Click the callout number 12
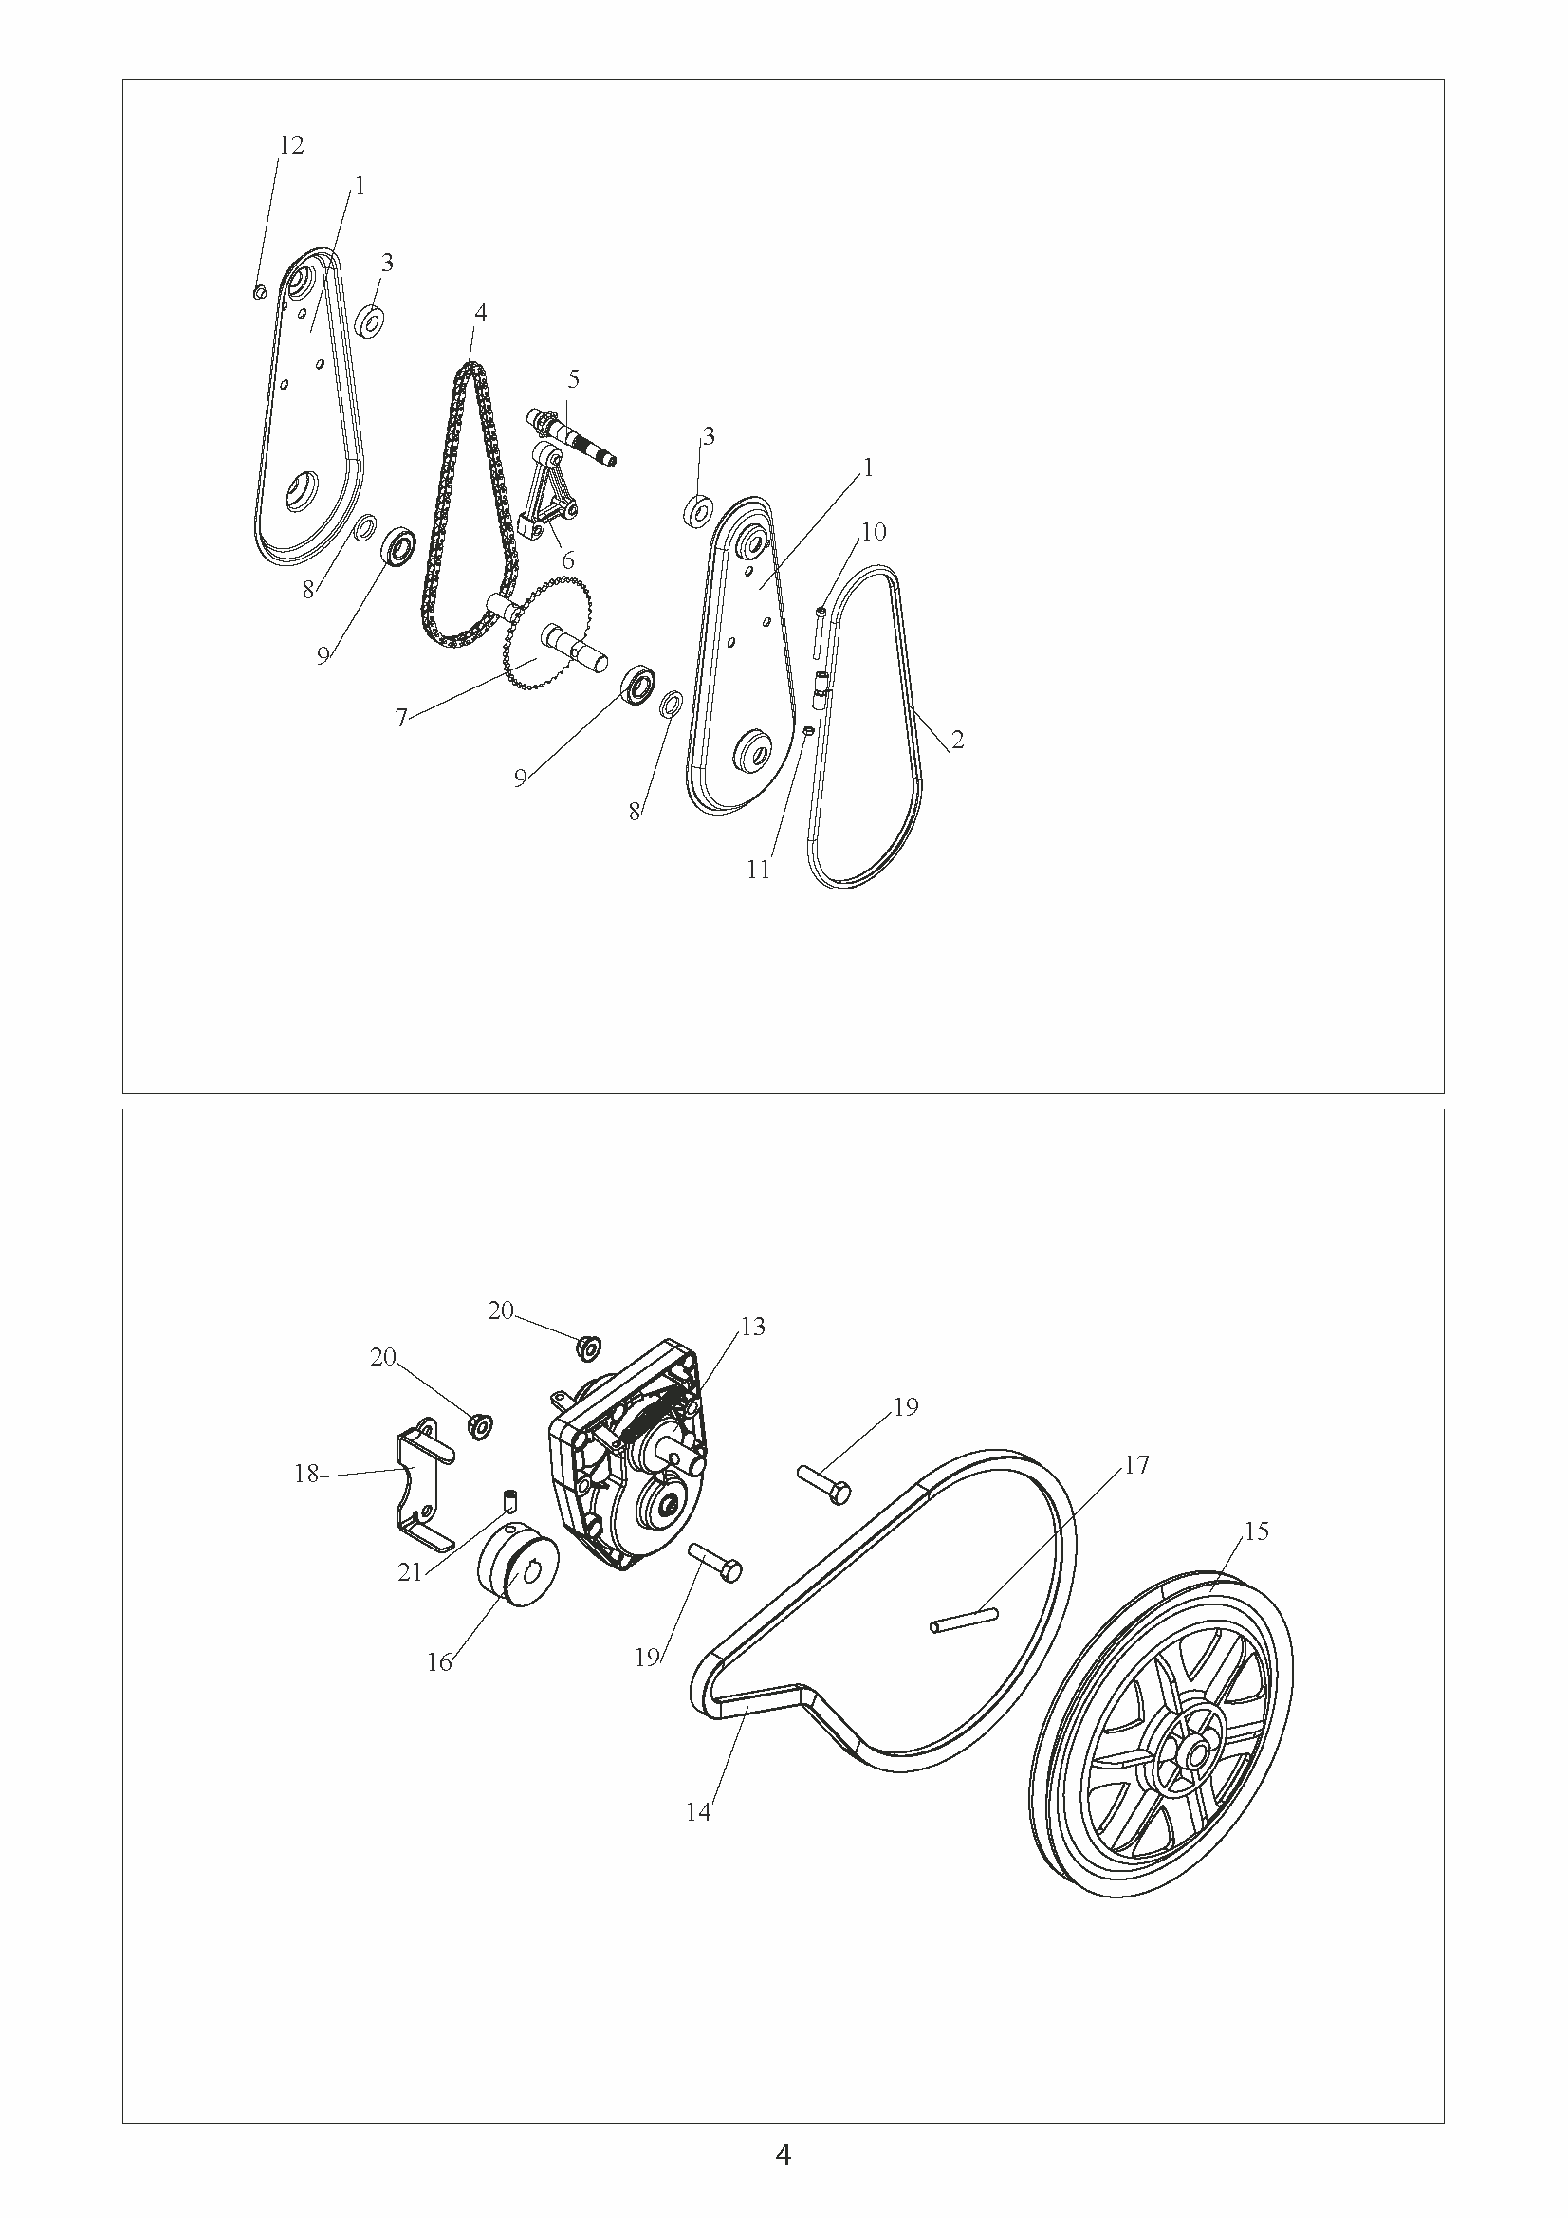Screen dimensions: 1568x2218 (291, 145)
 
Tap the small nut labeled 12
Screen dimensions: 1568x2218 (259, 292)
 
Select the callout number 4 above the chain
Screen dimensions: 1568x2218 (480, 312)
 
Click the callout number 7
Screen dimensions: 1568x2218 (402, 717)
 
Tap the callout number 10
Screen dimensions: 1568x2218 (874, 531)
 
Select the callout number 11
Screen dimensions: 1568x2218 (759, 870)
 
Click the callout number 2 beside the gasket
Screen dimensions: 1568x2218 (956, 740)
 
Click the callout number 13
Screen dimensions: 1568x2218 (751, 1327)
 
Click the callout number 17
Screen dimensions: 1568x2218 (1136, 1464)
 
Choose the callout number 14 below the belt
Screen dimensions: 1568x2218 (697, 1813)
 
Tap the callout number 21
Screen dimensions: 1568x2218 (410, 1572)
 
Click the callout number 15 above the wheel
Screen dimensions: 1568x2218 (1257, 1531)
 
